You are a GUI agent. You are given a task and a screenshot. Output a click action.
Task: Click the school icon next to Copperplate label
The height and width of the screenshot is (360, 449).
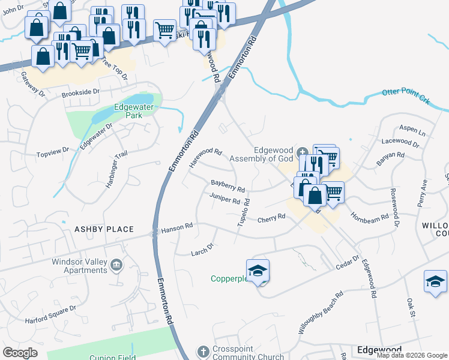258,272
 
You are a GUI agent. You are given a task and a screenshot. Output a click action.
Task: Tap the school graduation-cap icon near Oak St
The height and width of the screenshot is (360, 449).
435,281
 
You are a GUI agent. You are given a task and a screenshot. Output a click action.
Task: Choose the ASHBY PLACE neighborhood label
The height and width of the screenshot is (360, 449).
103,229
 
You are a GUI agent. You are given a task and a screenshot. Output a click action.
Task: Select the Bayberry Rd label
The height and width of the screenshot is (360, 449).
228,186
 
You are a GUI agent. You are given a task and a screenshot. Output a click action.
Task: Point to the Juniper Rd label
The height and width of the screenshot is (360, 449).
225,199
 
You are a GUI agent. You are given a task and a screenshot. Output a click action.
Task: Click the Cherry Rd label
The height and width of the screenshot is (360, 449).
271,219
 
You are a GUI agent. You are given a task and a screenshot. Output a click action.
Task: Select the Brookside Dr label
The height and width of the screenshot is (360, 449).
80,94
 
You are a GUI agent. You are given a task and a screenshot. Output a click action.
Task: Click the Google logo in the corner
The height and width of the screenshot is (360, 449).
20,352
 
